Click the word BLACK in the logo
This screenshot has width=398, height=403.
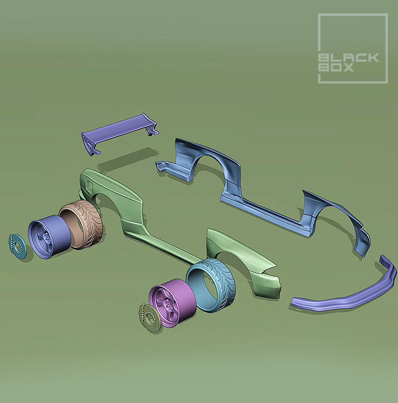pyautogui.click(x=349, y=58)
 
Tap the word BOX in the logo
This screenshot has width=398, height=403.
pyautogui.click(x=336, y=67)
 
